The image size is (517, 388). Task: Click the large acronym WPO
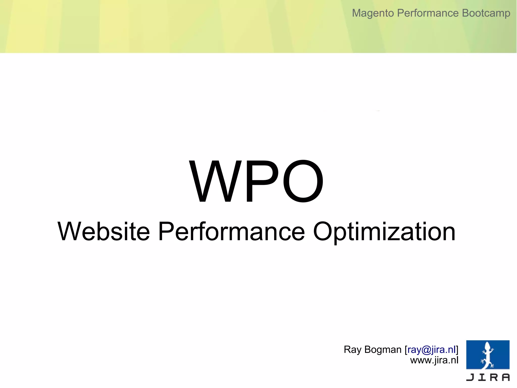pyautogui.click(x=256, y=181)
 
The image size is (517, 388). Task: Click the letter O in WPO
pyautogui.click(x=303, y=181)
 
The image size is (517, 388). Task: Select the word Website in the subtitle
pyautogui.click(x=104, y=231)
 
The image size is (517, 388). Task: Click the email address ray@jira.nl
pyautogui.click(x=431, y=350)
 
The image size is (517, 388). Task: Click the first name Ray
pyautogui.click(x=353, y=350)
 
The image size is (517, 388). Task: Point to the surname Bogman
pyautogui.click(x=383, y=350)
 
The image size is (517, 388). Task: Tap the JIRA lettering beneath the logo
pyautogui.click(x=488, y=377)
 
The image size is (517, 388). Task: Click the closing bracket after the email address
pyautogui.click(x=457, y=350)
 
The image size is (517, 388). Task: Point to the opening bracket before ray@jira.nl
pyautogui.click(x=406, y=350)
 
